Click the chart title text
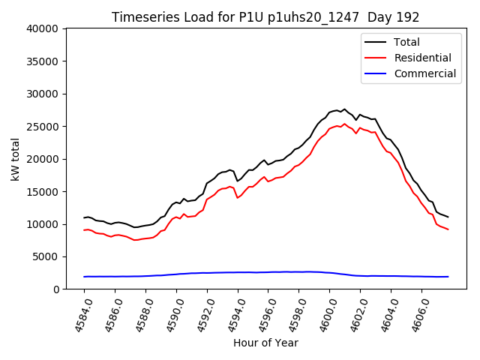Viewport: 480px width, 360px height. click(x=265, y=17)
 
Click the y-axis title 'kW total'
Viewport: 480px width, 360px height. click(x=15, y=159)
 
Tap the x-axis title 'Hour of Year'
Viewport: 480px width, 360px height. click(x=265, y=343)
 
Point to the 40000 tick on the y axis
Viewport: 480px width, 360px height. click(x=42, y=29)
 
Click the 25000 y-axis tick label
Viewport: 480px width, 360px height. click(x=42, y=127)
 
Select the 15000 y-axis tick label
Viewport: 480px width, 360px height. click(x=42, y=192)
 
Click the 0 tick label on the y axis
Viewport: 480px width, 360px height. click(x=56, y=289)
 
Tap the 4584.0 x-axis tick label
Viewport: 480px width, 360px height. click(x=77, y=315)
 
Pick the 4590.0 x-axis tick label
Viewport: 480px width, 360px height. click(x=169, y=315)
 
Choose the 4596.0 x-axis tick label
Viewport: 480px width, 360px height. click(x=262, y=315)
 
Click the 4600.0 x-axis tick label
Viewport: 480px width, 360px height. click(x=323, y=315)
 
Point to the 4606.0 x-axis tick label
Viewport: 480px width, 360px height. click(x=415, y=315)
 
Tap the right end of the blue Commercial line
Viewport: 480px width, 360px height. click(x=448, y=277)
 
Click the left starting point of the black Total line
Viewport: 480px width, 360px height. click(x=84, y=217)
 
